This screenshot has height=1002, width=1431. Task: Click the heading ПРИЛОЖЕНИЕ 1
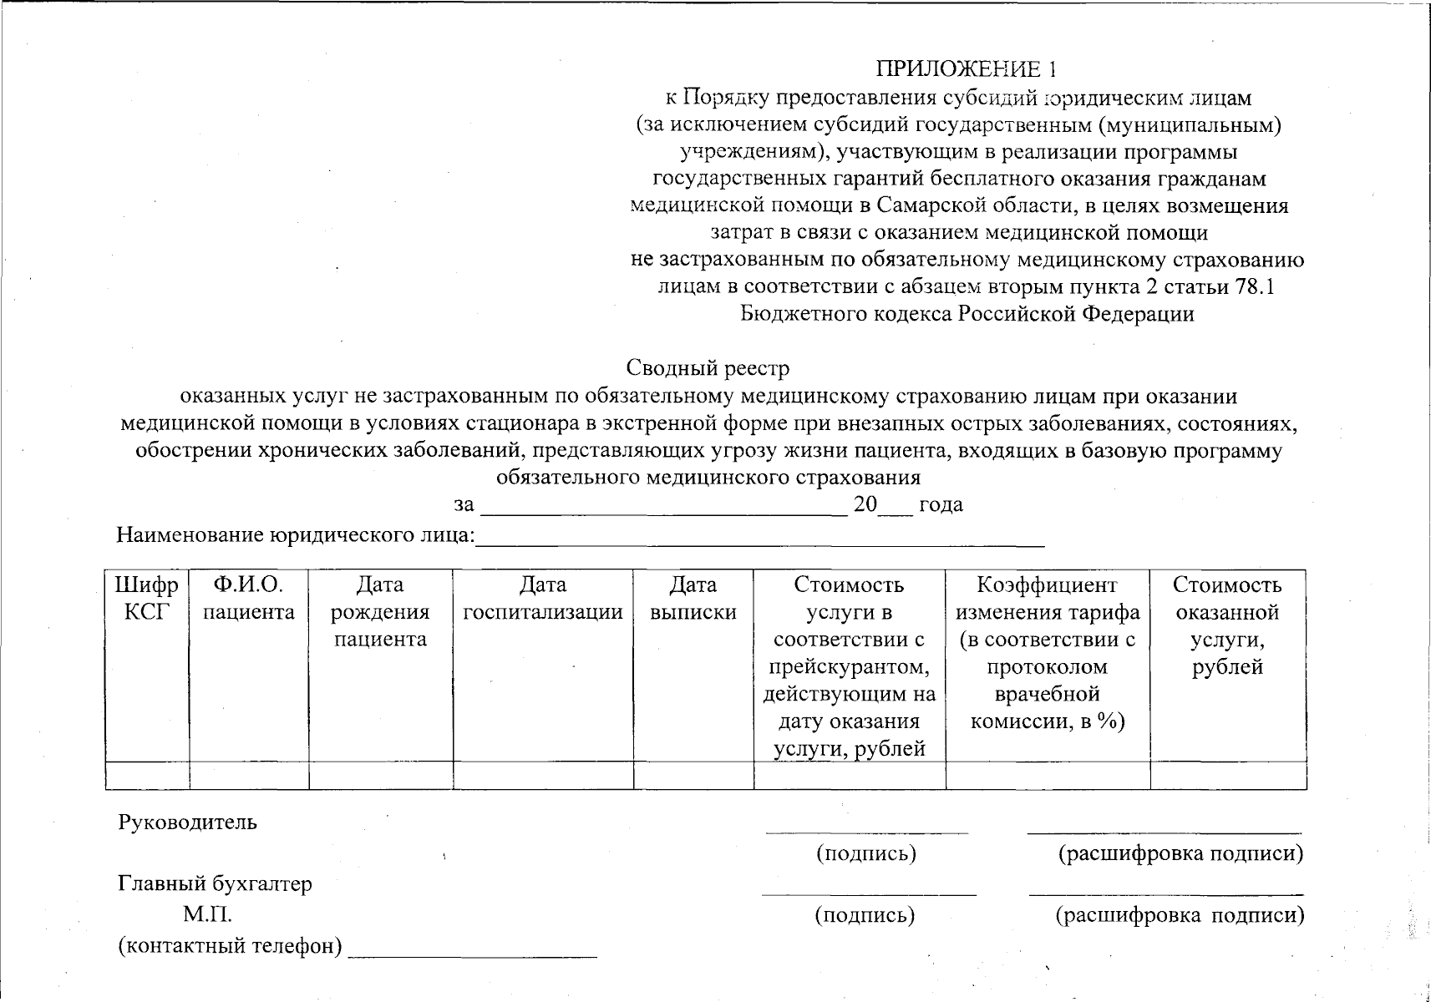(967, 68)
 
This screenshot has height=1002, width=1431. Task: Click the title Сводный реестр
(708, 367)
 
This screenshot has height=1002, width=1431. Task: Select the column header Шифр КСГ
(146, 599)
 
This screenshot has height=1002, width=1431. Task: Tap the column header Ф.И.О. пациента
(249, 599)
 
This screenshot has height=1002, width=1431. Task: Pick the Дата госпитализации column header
(543, 599)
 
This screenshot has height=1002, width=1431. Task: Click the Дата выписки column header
(693, 599)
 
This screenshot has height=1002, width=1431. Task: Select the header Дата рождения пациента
(380, 612)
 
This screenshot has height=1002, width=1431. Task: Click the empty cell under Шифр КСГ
(147, 776)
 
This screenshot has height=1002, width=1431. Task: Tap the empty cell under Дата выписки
(693, 776)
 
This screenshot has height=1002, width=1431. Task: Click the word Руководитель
(187, 822)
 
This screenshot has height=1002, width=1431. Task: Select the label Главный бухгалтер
(215, 883)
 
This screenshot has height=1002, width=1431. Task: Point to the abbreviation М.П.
(208, 915)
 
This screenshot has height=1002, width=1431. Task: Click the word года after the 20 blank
(941, 505)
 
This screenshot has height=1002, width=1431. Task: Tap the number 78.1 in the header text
(1254, 286)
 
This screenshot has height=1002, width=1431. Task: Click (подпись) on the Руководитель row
(865, 853)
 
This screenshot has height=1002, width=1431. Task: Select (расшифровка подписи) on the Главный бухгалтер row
(1180, 915)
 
